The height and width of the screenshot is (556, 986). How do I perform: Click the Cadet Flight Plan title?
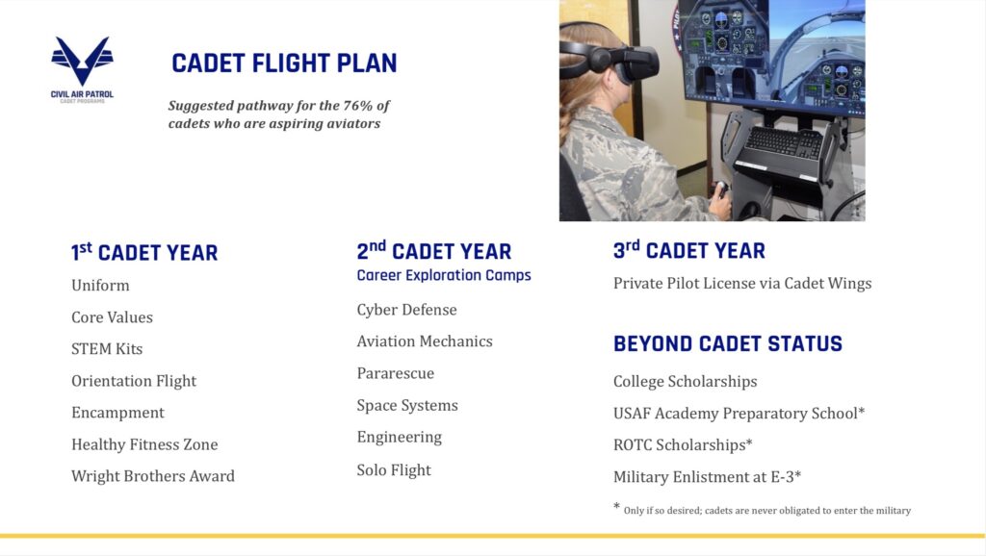click(x=284, y=63)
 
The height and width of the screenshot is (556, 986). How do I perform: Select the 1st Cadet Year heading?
click(x=144, y=252)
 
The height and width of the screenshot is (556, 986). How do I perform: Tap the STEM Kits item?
click(x=107, y=348)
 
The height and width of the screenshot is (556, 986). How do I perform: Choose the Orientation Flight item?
click(x=134, y=381)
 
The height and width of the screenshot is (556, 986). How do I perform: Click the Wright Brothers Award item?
click(x=153, y=476)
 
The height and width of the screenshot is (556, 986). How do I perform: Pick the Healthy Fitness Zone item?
click(x=144, y=444)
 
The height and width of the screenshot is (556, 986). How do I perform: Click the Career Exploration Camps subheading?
click(x=444, y=275)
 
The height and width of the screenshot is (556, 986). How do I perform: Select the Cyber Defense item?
click(x=407, y=310)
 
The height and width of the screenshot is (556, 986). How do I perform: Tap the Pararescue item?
click(x=396, y=373)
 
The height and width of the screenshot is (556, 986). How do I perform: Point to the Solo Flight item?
click(x=394, y=470)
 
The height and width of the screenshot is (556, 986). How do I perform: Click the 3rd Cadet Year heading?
click(x=689, y=250)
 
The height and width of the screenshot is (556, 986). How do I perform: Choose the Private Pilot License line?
click(x=742, y=284)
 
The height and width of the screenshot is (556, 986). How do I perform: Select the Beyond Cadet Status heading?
click(x=728, y=343)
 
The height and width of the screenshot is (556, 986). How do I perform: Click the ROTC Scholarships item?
click(x=683, y=444)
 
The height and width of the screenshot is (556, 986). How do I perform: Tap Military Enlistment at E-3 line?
click(x=708, y=477)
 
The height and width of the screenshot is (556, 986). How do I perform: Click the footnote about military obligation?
click(x=763, y=510)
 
